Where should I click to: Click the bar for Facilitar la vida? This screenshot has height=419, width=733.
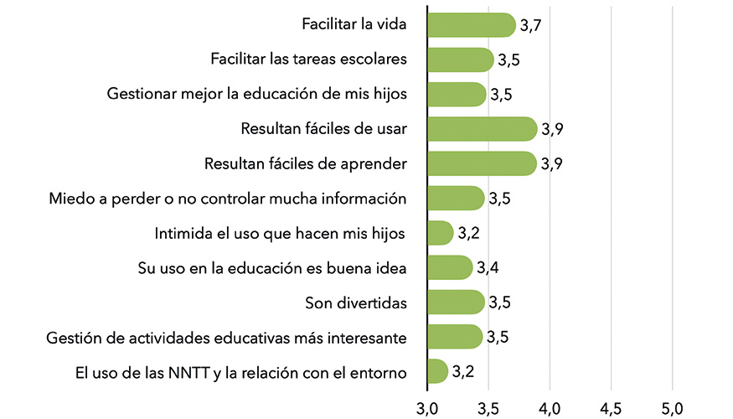pos(471,25)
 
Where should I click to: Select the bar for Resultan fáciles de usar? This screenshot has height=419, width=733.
pos(482,129)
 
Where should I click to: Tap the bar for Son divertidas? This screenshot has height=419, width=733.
pos(456,302)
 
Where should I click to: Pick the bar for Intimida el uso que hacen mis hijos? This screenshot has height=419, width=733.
pos(440,233)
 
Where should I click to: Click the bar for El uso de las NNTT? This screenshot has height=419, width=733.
pos(437,371)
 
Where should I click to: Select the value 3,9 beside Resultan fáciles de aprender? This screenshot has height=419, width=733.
pos(551,164)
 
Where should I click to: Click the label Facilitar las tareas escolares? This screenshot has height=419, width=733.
pos(309,59)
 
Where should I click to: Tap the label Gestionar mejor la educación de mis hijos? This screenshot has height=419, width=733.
pos(257,94)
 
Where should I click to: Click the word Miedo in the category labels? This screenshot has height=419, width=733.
pos(68,199)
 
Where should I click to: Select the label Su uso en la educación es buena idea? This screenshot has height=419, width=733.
pos(272,268)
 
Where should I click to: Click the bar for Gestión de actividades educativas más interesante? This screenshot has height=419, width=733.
pos(455,337)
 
